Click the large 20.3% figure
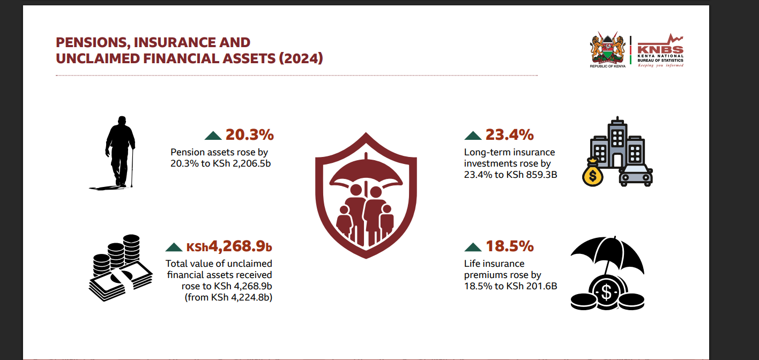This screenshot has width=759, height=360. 249,134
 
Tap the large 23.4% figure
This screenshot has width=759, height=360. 509,134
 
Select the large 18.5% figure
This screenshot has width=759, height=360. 510,246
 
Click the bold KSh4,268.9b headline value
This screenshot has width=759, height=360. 229,246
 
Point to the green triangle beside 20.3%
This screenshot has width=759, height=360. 213,136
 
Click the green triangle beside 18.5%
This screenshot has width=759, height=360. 473,247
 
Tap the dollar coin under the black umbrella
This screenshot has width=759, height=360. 607,292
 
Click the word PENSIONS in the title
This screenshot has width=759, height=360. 91,43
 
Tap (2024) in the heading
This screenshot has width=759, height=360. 301,58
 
